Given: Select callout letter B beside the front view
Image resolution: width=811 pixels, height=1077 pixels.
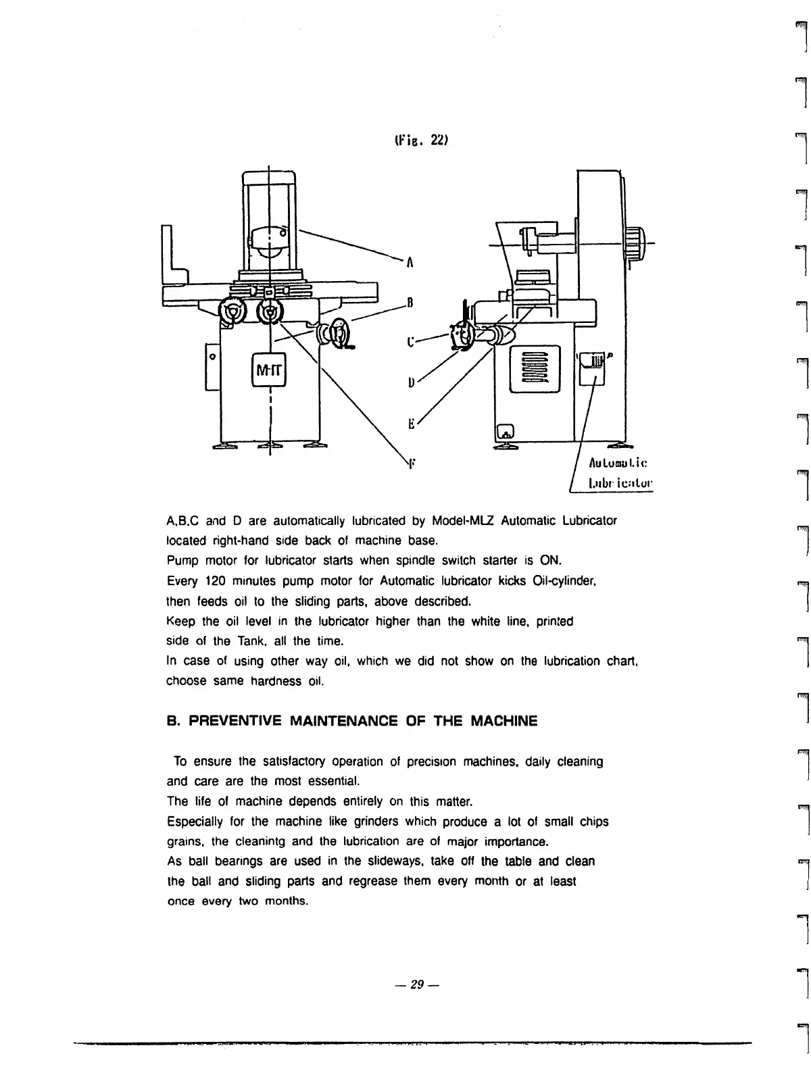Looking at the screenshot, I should (x=409, y=302).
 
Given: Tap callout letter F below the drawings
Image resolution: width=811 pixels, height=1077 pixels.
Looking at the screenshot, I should (x=410, y=464).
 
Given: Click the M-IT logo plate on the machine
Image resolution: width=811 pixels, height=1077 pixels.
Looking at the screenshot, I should (x=269, y=370).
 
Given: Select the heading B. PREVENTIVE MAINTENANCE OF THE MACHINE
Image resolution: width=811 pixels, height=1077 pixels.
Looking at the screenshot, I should (x=352, y=721).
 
